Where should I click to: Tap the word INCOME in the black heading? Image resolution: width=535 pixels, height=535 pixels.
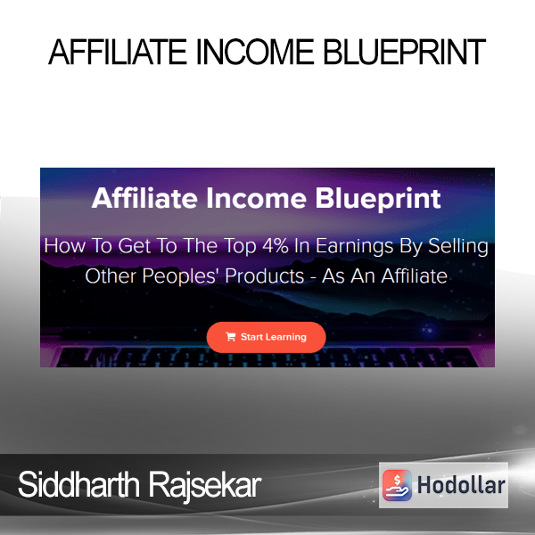255,52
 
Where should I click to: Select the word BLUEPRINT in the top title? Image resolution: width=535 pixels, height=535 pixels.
404,52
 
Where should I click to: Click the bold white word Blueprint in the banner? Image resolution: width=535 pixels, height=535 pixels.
378,199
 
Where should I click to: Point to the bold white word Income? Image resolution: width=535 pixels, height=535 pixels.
256,198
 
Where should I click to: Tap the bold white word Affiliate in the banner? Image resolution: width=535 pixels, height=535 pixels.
144,198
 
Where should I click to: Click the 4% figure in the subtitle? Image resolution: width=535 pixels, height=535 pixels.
275,246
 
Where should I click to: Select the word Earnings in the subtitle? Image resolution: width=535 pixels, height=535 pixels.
354,247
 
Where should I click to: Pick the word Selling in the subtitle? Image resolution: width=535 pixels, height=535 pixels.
458,247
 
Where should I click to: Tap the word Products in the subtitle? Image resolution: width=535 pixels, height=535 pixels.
265,276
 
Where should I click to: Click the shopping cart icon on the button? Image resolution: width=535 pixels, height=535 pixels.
231,337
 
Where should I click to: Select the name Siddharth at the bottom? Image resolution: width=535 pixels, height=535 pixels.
78,484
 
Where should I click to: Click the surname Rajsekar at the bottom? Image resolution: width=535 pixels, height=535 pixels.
205,486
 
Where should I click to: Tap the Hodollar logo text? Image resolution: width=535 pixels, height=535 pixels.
461,485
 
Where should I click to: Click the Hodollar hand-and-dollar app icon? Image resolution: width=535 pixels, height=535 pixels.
397,485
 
